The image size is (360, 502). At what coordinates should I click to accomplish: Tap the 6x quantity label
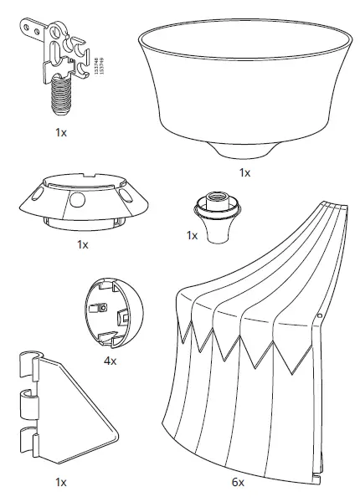point(239,483)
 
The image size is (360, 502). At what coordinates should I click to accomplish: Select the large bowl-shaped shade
point(244,84)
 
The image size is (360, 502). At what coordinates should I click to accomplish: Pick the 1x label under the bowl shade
point(244,173)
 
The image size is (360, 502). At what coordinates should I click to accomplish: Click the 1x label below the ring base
point(81,245)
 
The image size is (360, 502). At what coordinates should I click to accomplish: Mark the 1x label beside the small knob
point(192,236)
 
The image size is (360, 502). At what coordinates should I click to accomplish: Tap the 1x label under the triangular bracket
point(60,483)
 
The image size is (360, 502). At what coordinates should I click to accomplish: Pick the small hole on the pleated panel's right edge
point(320,316)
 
